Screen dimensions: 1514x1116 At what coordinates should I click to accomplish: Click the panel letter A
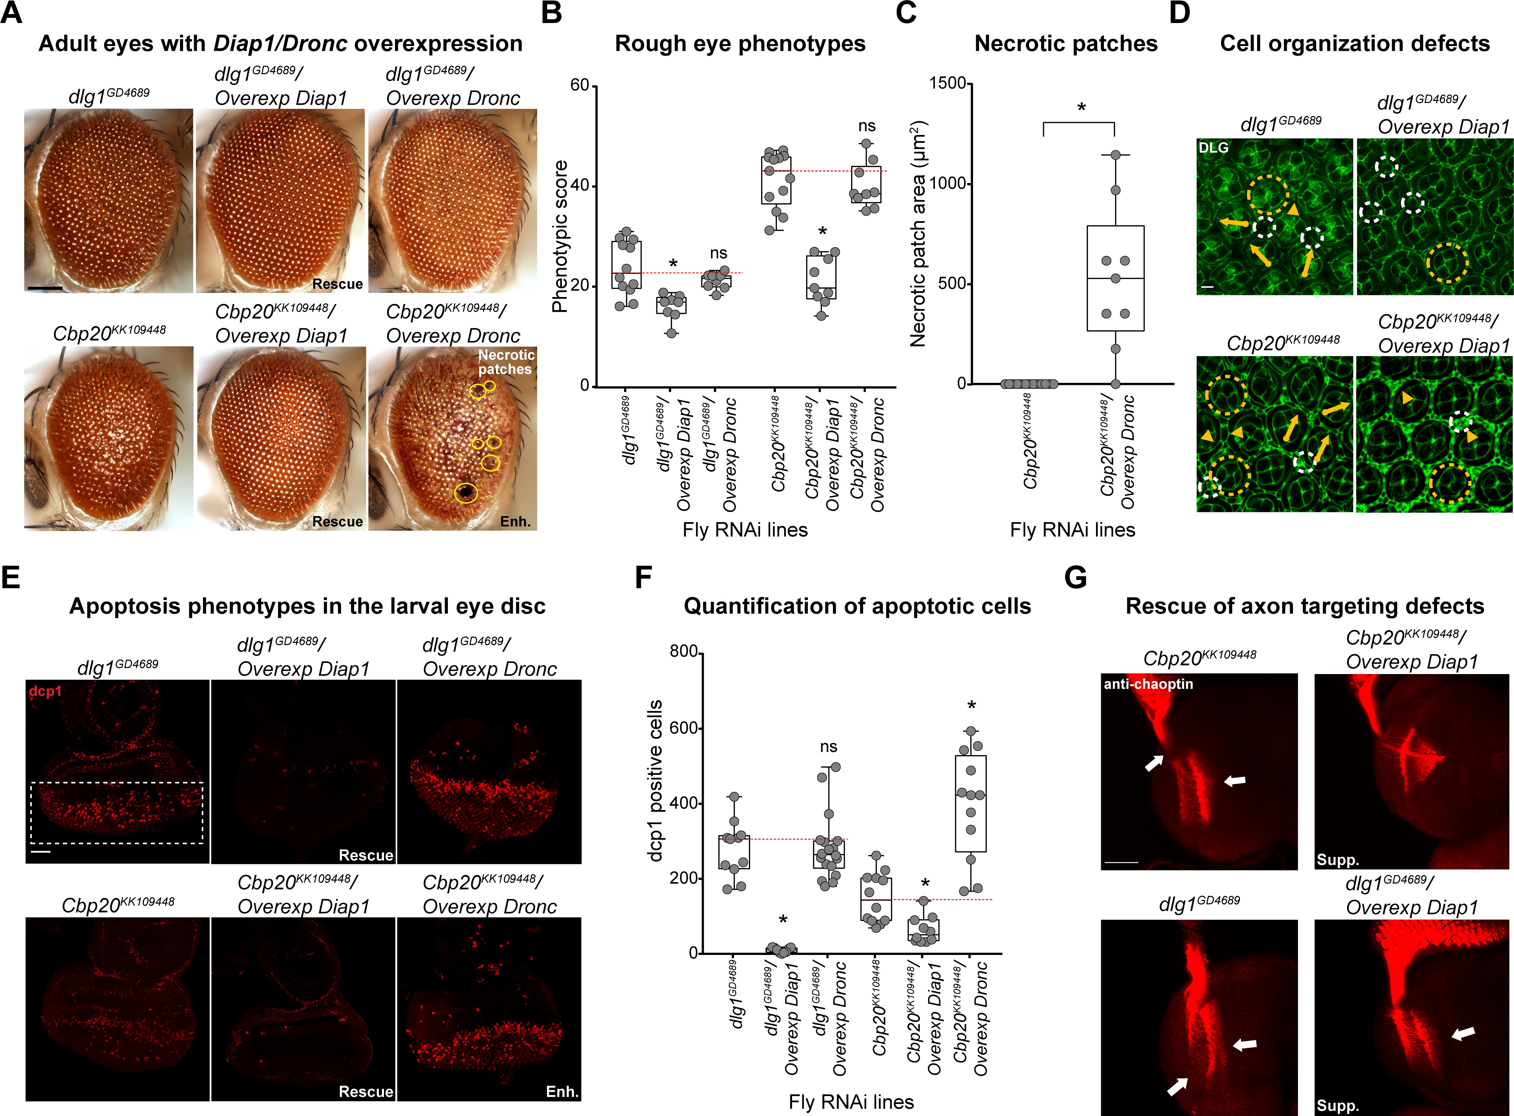pyautogui.click(x=11, y=13)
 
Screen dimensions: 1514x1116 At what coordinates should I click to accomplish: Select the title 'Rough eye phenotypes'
pyautogui.click(x=740, y=43)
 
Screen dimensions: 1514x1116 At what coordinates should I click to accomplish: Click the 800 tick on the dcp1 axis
pyautogui.click(x=684, y=651)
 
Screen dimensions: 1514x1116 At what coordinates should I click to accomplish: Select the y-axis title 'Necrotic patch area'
pyautogui.click(x=918, y=235)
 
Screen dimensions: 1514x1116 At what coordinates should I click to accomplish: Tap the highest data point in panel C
pyautogui.click(x=1115, y=155)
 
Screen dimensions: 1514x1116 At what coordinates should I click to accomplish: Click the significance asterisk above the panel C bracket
pyautogui.click(x=1081, y=107)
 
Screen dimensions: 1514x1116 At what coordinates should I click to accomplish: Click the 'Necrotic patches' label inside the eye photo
pyautogui.click(x=506, y=362)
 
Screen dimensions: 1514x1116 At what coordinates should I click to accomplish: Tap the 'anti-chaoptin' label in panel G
pyautogui.click(x=1149, y=684)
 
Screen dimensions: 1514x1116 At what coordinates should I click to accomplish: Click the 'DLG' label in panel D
pyautogui.click(x=1213, y=147)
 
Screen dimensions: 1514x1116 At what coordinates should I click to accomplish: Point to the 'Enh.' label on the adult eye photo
pyautogui.click(x=516, y=522)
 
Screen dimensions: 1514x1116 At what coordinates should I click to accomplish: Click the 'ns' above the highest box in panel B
pyautogui.click(x=867, y=126)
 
